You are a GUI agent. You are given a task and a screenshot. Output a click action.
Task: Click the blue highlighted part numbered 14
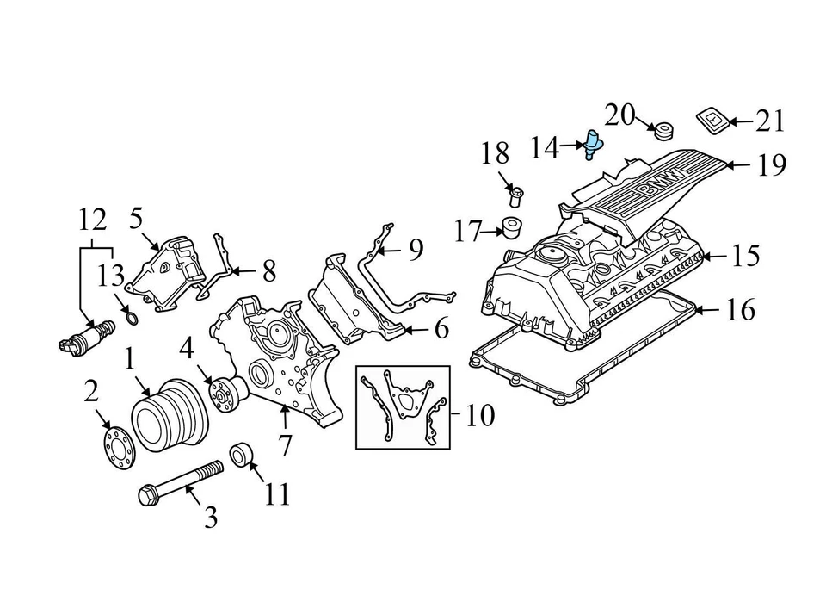593,144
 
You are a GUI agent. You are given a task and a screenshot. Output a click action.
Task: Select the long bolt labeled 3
180,482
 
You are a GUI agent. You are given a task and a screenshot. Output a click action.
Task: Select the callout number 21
770,121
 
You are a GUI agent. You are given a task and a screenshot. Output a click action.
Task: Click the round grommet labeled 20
663,132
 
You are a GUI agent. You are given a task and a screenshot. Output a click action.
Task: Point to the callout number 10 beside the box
479,417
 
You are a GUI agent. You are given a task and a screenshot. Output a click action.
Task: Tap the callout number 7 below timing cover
284,446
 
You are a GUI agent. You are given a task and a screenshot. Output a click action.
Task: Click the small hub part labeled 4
227,391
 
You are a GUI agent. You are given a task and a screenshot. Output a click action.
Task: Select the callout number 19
772,164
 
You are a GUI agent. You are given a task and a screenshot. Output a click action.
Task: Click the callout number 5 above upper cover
136,219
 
